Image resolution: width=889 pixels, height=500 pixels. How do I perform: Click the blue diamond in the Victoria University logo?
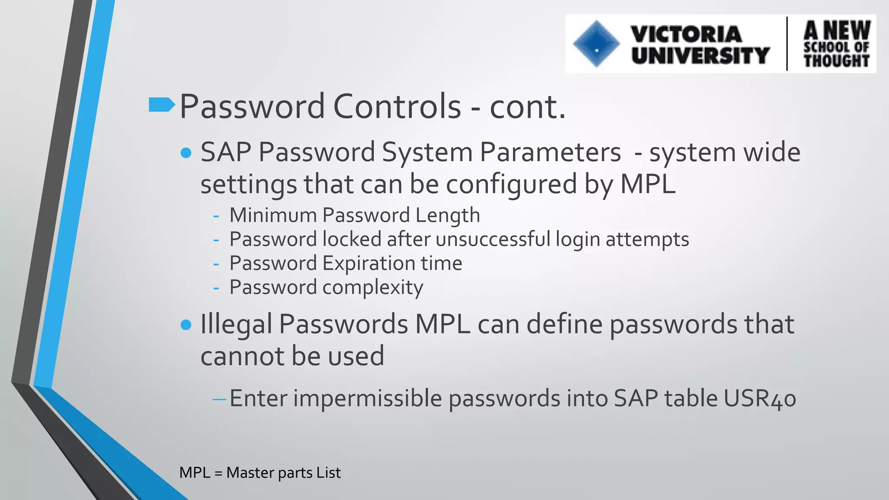coord(596,44)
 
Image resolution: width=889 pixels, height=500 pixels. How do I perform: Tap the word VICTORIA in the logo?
coord(686,34)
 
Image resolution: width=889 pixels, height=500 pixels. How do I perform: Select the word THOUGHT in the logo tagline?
coord(836,61)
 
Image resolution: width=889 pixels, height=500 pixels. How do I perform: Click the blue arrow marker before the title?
coord(161,105)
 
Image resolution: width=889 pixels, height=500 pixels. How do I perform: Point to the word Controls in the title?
coord(397,106)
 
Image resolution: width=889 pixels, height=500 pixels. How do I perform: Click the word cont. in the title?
coord(527,106)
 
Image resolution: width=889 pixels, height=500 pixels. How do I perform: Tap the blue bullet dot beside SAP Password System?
coord(186,153)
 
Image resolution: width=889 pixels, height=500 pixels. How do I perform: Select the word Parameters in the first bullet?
coord(550,152)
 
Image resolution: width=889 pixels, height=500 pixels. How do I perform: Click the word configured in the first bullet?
coord(511,184)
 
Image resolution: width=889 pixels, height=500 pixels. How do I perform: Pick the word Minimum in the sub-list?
coord(273,215)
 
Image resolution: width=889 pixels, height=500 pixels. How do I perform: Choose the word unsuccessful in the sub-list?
coord(493,239)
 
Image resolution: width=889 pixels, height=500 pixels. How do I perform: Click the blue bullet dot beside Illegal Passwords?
coord(186,325)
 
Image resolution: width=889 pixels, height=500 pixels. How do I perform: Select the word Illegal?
coord(236,324)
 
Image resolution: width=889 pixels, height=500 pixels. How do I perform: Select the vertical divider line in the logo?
coord(787,43)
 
